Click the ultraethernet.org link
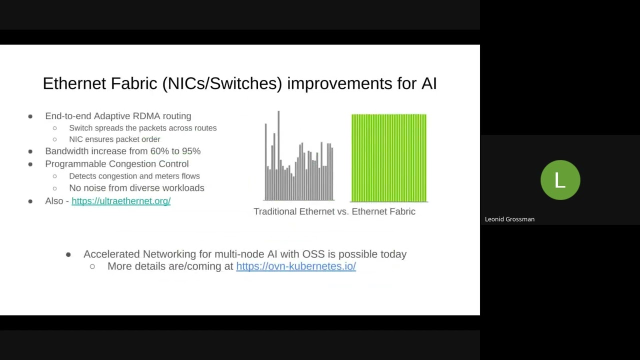pyautogui.click(x=121, y=201)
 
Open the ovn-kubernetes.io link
pyautogui.click(x=295, y=266)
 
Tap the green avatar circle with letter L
pyautogui.click(x=560, y=180)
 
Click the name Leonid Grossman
pyautogui.click(x=509, y=219)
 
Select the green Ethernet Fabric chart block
pyautogui.click(x=389, y=158)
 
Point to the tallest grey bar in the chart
pyautogui.click(x=278, y=155)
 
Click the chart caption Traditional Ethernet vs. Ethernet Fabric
pyautogui.click(x=334, y=211)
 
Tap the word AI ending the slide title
pyautogui.click(x=428, y=83)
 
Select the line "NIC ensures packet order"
pyautogui.click(x=114, y=139)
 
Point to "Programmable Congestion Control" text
pyautogui.click(x=117, y=164)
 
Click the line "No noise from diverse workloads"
pyautogui.click(x=136, y=188)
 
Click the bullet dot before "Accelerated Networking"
pyautogui.click(x=68, y=255)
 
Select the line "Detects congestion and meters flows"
pyautogui.click(x=134, y=176)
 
